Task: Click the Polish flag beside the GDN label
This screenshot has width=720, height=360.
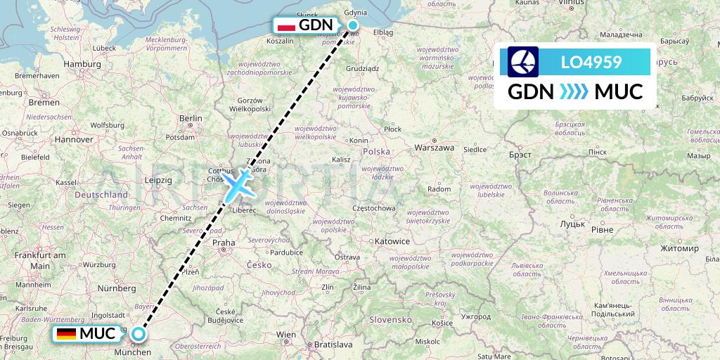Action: click(x=285, y=26)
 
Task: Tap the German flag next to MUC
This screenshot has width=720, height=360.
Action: click(x=67, y=333)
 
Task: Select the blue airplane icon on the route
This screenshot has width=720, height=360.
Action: click(x=238, y=185)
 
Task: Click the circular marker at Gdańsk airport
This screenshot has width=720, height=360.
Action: click(x=353, y=25)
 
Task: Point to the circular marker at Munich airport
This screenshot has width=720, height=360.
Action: click(x=139, y=334)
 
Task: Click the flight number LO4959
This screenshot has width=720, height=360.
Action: click(x=591, y=62)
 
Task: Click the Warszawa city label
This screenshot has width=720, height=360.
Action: click(x=435, y=148)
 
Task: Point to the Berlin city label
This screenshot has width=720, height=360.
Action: click(x=191, y=119)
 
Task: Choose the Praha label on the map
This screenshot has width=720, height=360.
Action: click(x=224, y=243)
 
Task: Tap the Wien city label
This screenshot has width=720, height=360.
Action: click(x=286, y=333)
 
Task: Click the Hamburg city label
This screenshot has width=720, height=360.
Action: click(x=82, y=64)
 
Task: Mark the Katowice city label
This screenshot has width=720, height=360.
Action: click(x=392, y=241)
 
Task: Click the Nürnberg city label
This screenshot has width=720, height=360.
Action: click(x=117, y=288)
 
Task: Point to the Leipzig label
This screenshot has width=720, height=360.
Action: click(x=159, y=180)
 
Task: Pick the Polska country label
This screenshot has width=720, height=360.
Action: click(x=376, y=152)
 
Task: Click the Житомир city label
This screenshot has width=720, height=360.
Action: click(x=679, y=249)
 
